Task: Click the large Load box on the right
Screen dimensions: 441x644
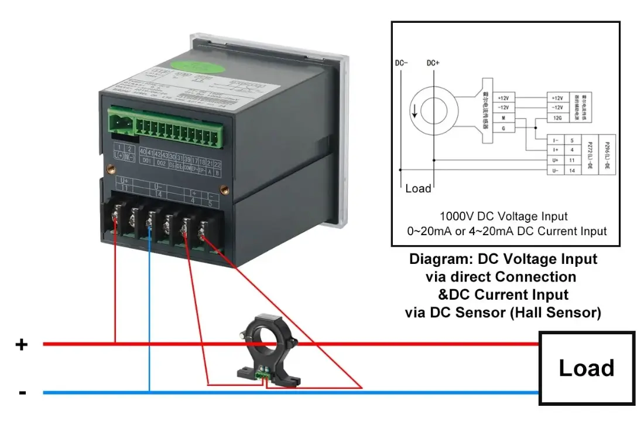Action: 587,368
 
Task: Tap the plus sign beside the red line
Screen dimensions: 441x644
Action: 21,344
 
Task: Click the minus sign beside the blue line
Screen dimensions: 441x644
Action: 22,392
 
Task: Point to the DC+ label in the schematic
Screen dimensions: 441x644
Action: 433,63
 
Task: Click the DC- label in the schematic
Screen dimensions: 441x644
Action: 402,63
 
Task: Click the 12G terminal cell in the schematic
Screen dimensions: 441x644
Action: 557,118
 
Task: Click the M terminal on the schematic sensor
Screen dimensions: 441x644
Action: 503,117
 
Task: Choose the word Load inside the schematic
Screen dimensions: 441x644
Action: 418,188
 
